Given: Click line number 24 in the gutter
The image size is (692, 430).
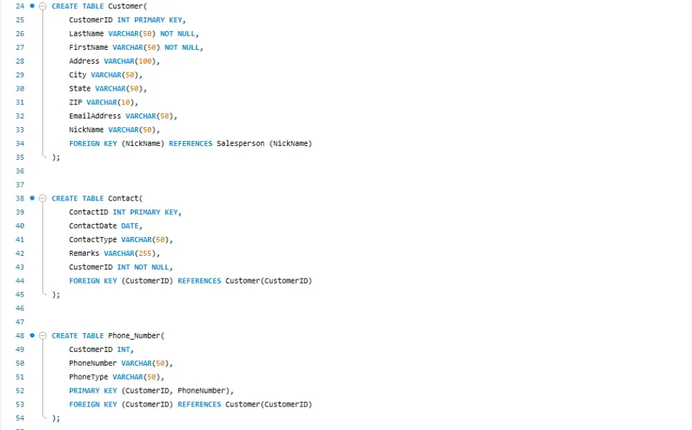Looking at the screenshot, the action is [20, 6].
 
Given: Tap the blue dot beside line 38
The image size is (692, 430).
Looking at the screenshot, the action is [33, 198].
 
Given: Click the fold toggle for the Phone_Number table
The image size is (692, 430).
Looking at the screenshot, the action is [43, 335].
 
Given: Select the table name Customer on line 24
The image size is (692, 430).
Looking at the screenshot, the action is [125, 6].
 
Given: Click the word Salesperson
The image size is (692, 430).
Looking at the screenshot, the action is [241, 143].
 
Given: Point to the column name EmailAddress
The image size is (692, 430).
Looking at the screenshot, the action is [95, 116].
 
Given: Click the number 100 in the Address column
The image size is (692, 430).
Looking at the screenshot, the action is [145, 62].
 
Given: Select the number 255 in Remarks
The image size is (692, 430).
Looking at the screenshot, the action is [145, 254].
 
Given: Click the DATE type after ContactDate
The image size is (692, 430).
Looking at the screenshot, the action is [130, 226].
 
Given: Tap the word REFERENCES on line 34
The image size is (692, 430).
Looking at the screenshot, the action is [191, 143].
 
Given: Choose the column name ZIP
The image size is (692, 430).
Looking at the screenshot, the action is [75, 102].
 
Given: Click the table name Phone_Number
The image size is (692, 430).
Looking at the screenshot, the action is [134, 335].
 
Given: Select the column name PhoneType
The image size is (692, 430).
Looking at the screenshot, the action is [89, 377].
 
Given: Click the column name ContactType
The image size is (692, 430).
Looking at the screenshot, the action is [93, 239].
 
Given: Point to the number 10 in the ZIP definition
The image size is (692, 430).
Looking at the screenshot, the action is [126, 102].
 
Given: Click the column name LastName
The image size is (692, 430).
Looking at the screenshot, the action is [86, 33].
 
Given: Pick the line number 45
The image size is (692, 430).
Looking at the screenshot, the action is [20, 295].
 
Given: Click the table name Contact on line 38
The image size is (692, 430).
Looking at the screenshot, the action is [123, 198].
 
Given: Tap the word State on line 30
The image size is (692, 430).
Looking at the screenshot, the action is [80, 88].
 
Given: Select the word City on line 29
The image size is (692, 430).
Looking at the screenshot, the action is [78, 75].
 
